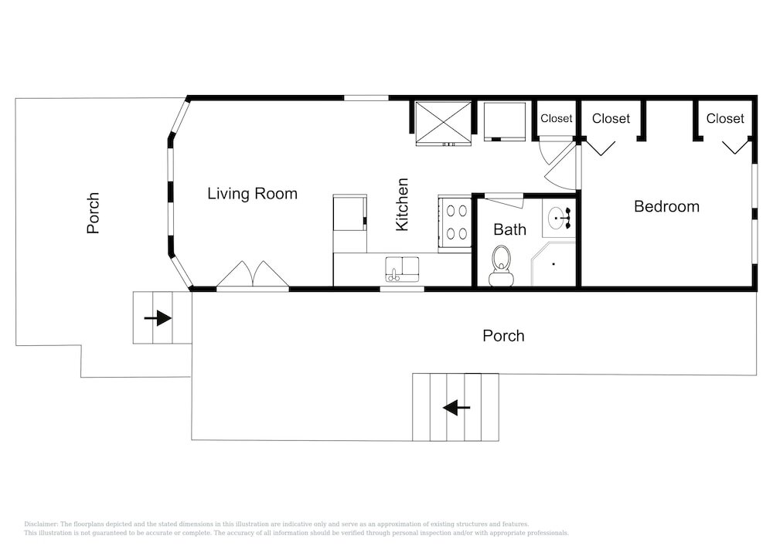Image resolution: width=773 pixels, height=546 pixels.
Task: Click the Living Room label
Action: [x=252, y=194]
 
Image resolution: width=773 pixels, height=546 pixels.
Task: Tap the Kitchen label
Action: [x=402, y=205]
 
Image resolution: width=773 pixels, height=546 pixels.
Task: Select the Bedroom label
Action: [x=666, y=206]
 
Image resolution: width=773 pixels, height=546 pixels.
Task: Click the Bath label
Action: [x=509, y=229]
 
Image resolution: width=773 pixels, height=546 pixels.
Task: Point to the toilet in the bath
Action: [x=502, y=266]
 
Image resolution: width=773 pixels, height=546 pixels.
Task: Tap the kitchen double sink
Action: [x=402, y=270]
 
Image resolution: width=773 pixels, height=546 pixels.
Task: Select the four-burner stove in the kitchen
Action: [x=455, y=223]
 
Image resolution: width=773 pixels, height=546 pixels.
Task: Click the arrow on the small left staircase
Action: [x=158, y=318]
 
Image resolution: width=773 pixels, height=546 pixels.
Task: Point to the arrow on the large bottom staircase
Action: [x=457, y=408]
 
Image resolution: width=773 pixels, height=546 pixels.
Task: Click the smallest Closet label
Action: [x=556, y=119]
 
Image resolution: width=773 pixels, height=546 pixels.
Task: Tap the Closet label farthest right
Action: [x=725, y=118]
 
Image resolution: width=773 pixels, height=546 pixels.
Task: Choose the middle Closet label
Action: [x=611, y=119]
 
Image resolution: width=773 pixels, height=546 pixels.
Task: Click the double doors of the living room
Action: [x=253, y=274]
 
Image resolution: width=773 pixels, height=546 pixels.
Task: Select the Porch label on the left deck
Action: [x=93, y=212]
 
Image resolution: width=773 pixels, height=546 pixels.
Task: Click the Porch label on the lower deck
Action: [x=503, y=336]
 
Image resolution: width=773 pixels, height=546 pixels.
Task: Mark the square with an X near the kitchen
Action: [x=443, y=123]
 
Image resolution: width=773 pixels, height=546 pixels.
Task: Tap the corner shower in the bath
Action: [x=553, y=264]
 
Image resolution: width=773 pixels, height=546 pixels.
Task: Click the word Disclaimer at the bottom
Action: [x=41, y=524]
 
